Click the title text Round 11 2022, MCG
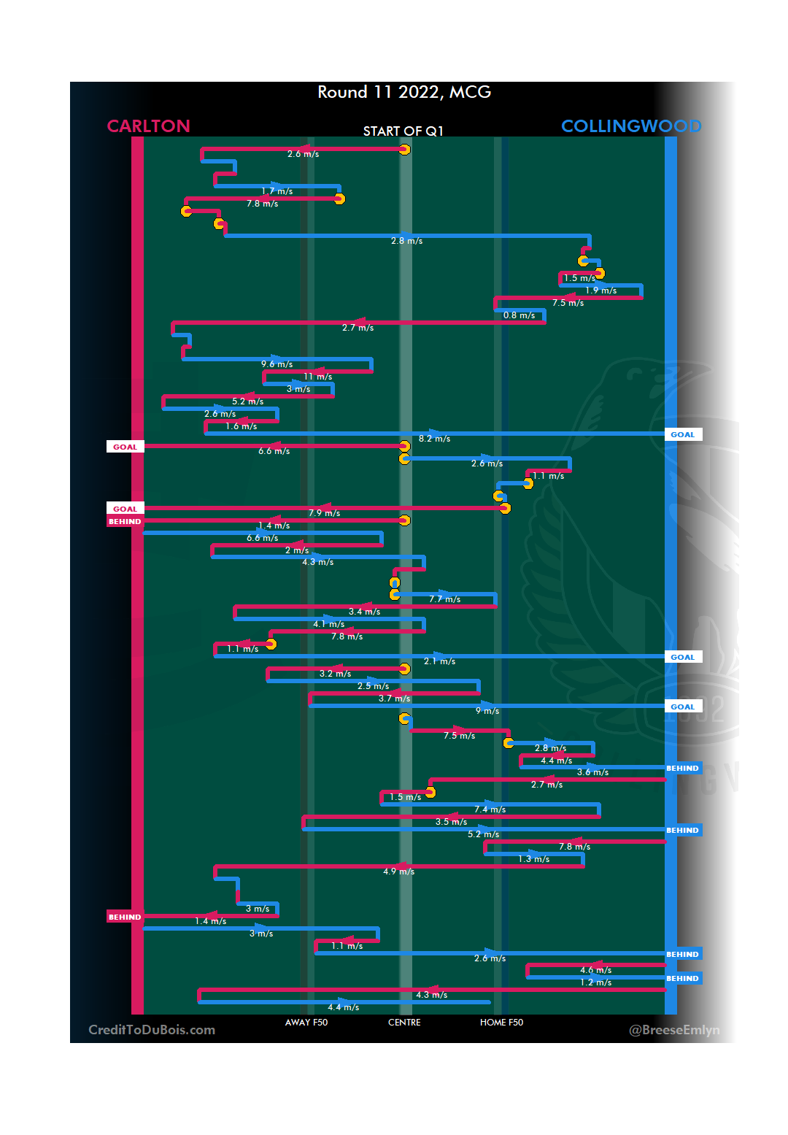pyautogui.click(x=404, y=92)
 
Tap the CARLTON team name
pyautogui.click(x=148, y=126)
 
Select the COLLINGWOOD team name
pyautogui.click(x=631, y=126)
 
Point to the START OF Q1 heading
pyautogui.click(x=403, y=131)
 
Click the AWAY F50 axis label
pyautogui.click(x=306, y=1023)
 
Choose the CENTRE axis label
pyautogui.click(x=404, y=1023)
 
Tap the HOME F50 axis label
pyautogui.click(x=501, y=1023)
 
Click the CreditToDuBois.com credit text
pyautogui.click(x=152, y=1030)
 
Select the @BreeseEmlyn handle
pyautogui.click(x=674, y=1030)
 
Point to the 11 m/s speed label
pyautogui.click(x=318, y=377)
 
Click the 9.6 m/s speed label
pyautogui.click(x=277, y=364)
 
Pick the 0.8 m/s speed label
pyautogui.click(x=519, y=315)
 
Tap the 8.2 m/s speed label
pyautogui.click(x=434, y=439)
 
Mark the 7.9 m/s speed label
pyautogui.click(x=324, y=513)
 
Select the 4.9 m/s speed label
pyautogui.click(x=398, y=872)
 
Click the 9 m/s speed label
pyautogui.click(x=487, y=711)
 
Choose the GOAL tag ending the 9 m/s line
pyautogui.click(x=683, y=707)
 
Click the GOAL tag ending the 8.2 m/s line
pyautogui.click(x=683, y=434)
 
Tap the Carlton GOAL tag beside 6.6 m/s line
pyautogui.click(x=125, y=447)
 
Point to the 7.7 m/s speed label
pyautogui.click(x=444, y=599)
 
